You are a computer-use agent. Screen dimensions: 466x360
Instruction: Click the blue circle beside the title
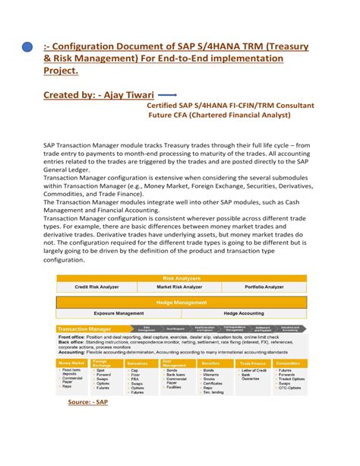[x=27, y=46]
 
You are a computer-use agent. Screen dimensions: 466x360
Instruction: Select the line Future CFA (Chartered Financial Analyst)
[x=219, y=116]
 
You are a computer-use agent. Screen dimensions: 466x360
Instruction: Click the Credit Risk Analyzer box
[x=96, y=287]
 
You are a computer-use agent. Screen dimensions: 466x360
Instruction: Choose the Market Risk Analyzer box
[x=180, y=287]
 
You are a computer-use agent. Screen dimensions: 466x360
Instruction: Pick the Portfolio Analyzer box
[x=264, y=287]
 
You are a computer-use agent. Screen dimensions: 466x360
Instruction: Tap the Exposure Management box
[x=118, y=312]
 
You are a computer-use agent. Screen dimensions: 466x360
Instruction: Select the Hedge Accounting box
[x=243, y=312]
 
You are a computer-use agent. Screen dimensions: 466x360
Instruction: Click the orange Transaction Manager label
[x=84, y=328]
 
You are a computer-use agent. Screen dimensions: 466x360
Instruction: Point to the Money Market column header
[x=71, y=364]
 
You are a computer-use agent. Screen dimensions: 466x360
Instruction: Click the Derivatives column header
[x=137, y=364]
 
